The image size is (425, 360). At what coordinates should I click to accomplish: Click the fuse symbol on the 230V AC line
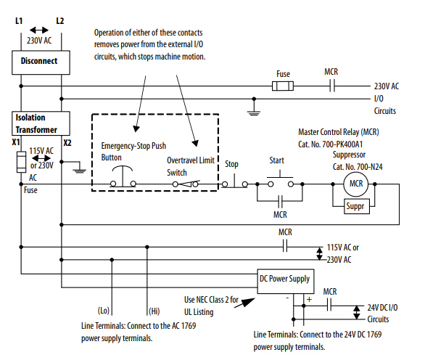[283, 86]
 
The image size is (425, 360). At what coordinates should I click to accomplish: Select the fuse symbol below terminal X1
[21, 162]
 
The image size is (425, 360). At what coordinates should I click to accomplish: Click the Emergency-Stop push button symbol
[123, 177]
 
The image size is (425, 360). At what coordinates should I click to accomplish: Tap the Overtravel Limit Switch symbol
[186, 184]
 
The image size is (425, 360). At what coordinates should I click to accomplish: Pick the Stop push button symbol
[235, 181]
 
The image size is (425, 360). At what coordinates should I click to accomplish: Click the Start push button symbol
[280, 179]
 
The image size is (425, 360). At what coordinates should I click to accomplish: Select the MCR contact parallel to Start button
[280, 201]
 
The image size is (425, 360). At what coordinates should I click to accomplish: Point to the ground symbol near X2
[80, 168]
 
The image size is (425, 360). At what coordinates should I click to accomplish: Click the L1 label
[19, 21]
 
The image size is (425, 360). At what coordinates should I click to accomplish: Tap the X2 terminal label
[67, 143]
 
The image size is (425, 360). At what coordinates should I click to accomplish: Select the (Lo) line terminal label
[104, 311]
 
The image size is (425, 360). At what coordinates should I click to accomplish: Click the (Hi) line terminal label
[154, 311]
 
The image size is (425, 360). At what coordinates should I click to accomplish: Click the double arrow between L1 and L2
[39, 30]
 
